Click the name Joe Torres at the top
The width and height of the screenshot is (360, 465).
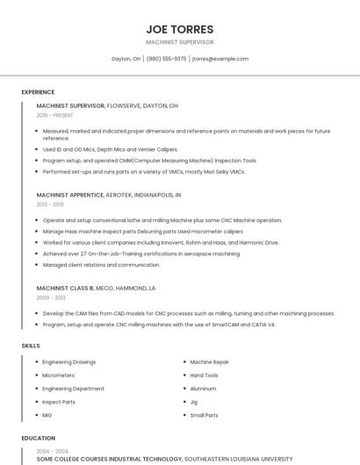tap(179, 28)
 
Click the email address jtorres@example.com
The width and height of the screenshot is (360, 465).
tap(220, 59)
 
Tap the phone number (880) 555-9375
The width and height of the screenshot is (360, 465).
tap(167, 59)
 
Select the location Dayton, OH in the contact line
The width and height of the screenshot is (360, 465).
tap(126, 59)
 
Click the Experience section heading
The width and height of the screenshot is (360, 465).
tap(38, 92)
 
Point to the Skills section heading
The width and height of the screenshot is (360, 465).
tap(31, 346)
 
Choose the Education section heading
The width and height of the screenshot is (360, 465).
tap(38, 438)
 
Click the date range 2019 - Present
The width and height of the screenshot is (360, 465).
tap(54, 115)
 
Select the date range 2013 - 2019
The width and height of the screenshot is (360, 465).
tap(50, 204)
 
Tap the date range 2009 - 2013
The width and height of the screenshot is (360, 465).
tap(50, 297)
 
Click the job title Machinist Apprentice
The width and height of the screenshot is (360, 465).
tap(69, 195)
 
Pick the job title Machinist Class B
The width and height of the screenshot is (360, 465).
tap(65, 288)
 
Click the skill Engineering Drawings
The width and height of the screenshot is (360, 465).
tap(69, 361)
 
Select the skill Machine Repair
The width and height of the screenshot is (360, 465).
tap(209, 361)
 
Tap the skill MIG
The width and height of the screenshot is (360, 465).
tap(47, 415)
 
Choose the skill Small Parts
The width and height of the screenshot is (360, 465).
tap(204, 415)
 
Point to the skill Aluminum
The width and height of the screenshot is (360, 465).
tap(203, 388)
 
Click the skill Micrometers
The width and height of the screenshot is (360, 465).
tap(59, 375)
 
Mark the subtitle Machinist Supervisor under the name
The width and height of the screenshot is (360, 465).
tap(179, 42)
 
